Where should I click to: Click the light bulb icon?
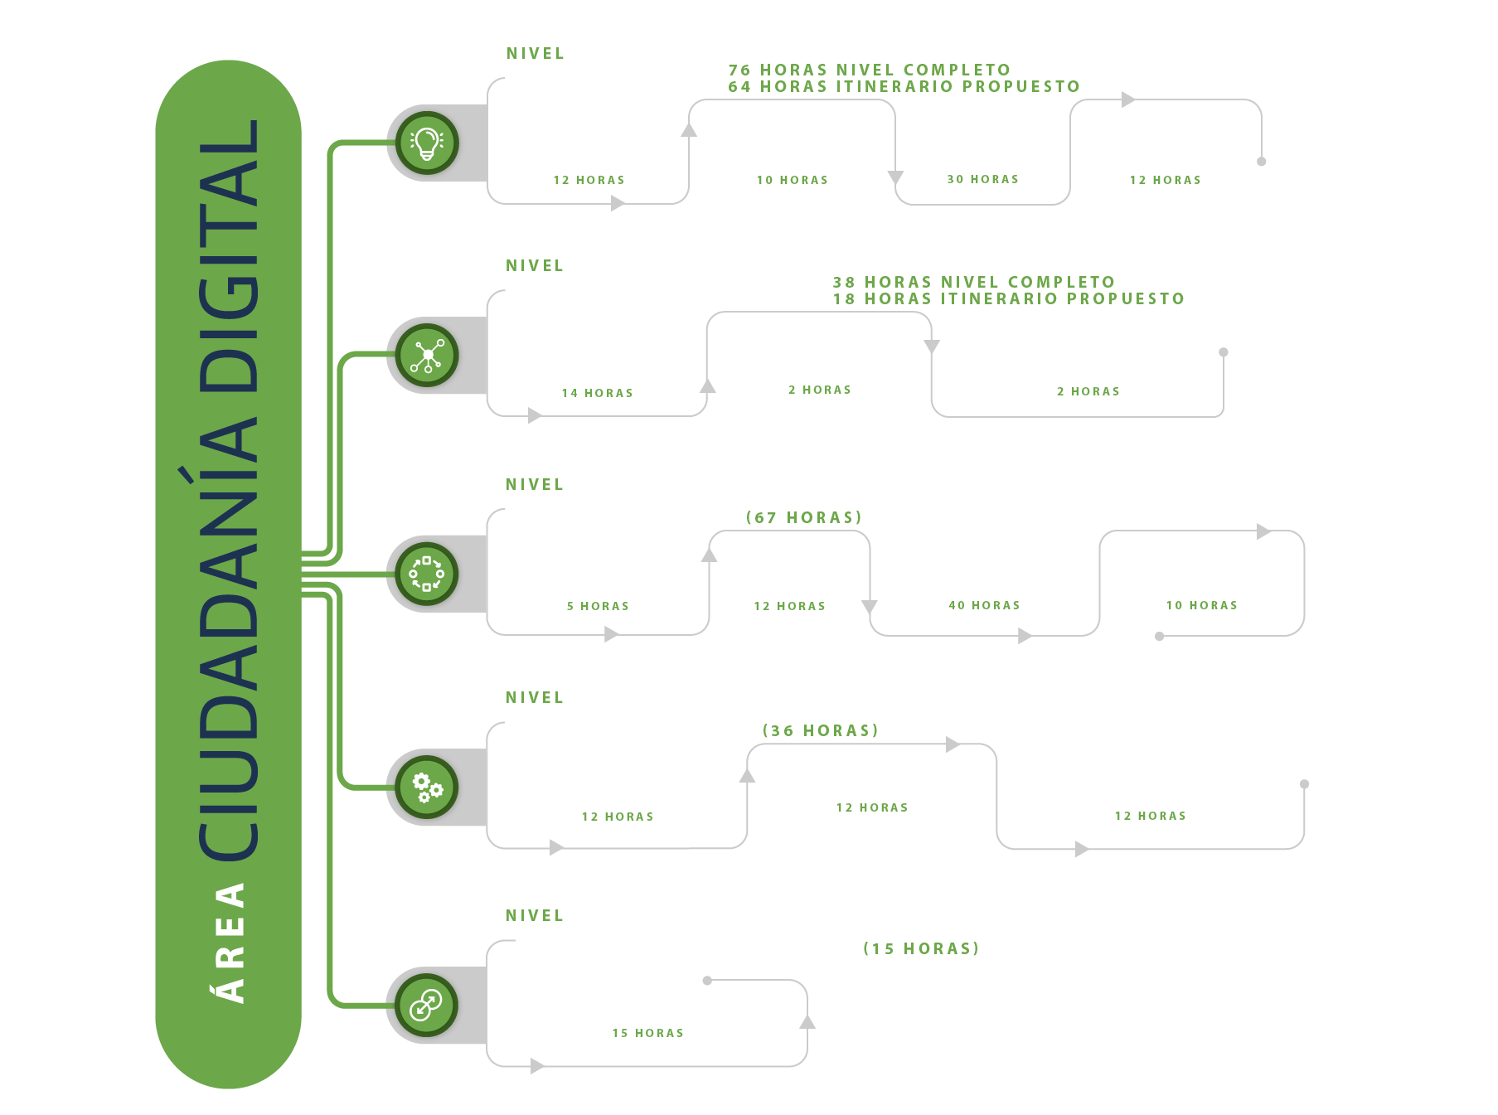[x=427, y=143]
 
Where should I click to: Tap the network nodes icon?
[x=427, y=356]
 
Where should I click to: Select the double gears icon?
[x=428, y=787]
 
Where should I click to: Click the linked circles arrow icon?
[x=427, y=1005]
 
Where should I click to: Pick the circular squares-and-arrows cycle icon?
[x=427, y=574]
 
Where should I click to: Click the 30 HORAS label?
[x=983, y=179]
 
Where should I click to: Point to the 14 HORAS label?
[x=598, y=393]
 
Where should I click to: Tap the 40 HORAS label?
[x=985, y=605]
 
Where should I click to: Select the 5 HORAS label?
[x=599, y=606]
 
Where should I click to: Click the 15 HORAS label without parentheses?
[x=648, y=1033]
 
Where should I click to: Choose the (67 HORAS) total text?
[x=804, y=517]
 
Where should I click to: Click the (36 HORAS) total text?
[x=821, y=730]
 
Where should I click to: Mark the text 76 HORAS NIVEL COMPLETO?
[x=870, y=70]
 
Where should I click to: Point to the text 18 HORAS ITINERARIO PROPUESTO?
[x=1009, y=298]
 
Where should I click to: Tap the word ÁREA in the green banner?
[x=230, y=943]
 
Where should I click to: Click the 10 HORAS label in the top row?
[x=793, y=180]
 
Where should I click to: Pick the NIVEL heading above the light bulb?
[x=536, y=53]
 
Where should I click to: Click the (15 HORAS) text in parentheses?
[x=921, y=948]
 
